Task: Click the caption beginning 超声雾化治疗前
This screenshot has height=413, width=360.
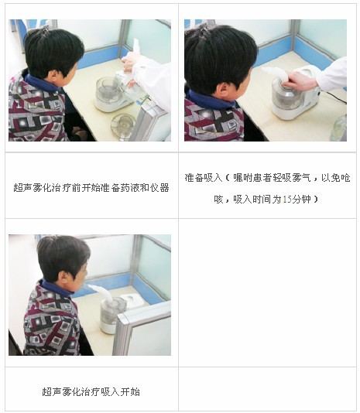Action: click(91, 187)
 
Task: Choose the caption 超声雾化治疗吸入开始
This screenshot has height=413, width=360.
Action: click(91, 391)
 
